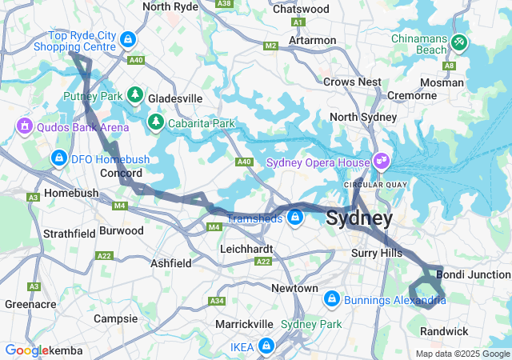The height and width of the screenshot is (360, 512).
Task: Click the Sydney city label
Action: point(359,218)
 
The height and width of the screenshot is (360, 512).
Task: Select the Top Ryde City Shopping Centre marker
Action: point(128,38)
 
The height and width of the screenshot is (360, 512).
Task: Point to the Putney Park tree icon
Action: point(135,95)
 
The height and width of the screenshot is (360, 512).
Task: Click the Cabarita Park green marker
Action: point(155,122)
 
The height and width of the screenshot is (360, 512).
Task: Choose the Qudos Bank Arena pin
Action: point(24,126)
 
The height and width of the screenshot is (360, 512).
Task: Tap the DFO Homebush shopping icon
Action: point(58,158)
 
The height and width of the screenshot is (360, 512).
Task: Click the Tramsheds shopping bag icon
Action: point(295,217)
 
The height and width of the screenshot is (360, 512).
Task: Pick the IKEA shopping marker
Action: point(266,346)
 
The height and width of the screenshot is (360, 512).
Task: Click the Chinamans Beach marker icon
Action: point(458,40)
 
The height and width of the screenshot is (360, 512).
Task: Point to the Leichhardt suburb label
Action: point(246,249)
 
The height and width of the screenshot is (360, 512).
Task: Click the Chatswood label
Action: point(301,9)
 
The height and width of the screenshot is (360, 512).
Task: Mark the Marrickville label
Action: point(246,324)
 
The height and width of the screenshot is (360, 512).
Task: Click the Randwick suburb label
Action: point(445,331)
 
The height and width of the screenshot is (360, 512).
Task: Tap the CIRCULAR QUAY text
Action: point(369,186)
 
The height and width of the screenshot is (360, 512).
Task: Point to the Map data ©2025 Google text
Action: point(463,354)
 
